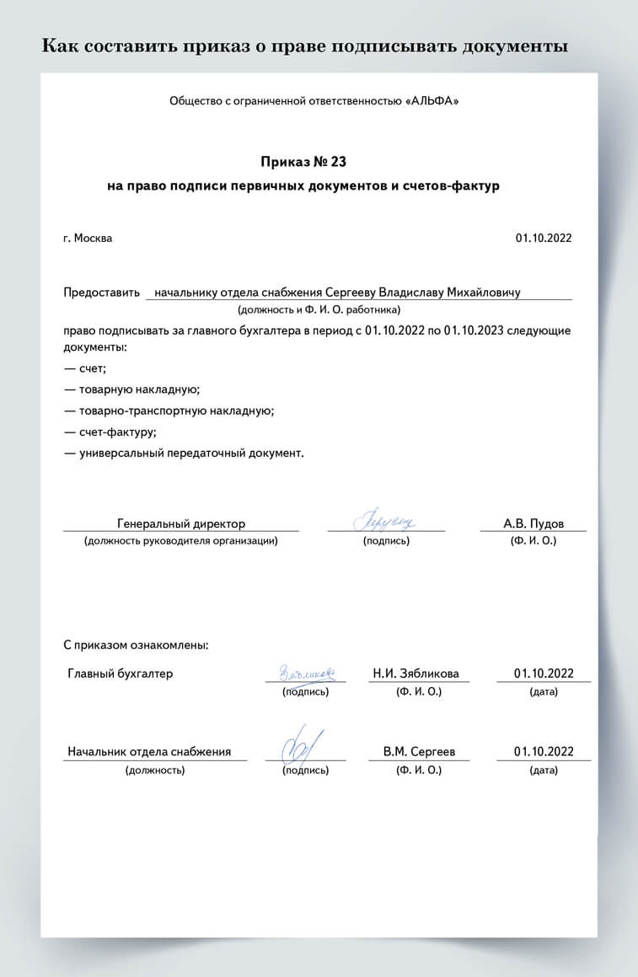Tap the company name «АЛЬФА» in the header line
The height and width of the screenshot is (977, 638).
(432, 101)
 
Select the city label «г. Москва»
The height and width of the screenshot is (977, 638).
(88, 238)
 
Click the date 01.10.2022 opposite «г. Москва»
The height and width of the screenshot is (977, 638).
(544, 238)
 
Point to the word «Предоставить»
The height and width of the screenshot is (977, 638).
(101, 293)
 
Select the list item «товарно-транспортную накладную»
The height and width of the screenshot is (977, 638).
(176, 411)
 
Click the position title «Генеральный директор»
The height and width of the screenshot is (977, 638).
(181, 523)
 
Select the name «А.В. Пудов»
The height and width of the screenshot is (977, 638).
(533, 523)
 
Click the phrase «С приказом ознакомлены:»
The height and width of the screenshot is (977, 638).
(136, 646)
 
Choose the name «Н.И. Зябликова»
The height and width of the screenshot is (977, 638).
(416, 674)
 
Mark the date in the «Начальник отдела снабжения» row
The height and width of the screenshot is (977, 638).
(544, 751)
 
